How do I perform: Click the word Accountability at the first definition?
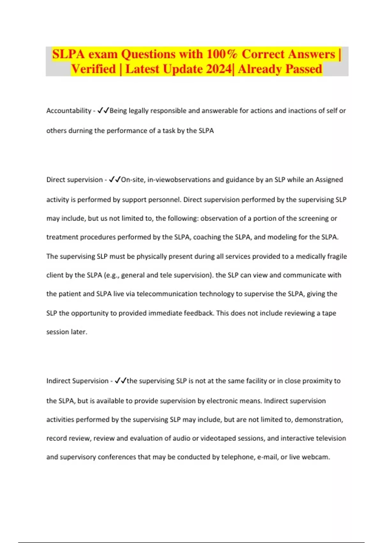coord(69,111)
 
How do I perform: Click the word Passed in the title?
coord(304,69)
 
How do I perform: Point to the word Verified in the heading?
coord(94,69)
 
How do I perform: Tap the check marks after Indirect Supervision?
coord(120,381)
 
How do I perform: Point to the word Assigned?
coord(329,180)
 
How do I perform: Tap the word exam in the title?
coord(103,54)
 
